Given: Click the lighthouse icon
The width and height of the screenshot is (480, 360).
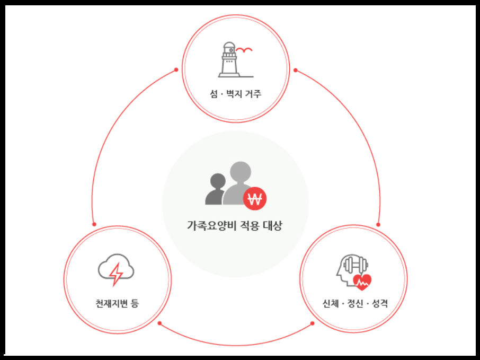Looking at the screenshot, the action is pyautogui.click(x=229, y=60).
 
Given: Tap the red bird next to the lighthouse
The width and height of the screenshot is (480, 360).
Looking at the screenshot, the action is pyautogui.click(x=244, y=51).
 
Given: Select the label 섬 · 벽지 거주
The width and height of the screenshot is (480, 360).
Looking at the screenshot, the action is pyautogui.click(x=235, y=94).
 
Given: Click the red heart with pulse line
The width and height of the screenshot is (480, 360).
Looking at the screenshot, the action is pyautogui.click(x=362, y=282).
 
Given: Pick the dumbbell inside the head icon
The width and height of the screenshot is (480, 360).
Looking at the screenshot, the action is pyautogui.click(x=355, y=264).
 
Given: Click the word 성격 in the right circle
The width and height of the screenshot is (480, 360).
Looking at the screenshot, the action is pyautogui.click(x=379, y=304).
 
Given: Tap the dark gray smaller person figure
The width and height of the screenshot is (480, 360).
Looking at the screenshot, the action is pyautogui.click(x=216, y=190).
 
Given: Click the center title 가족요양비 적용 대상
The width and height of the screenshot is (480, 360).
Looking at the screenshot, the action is pyautogui.click(x=235, y=225).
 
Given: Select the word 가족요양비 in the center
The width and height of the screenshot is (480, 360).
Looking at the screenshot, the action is pyautogui.click(x=209, y=225).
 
